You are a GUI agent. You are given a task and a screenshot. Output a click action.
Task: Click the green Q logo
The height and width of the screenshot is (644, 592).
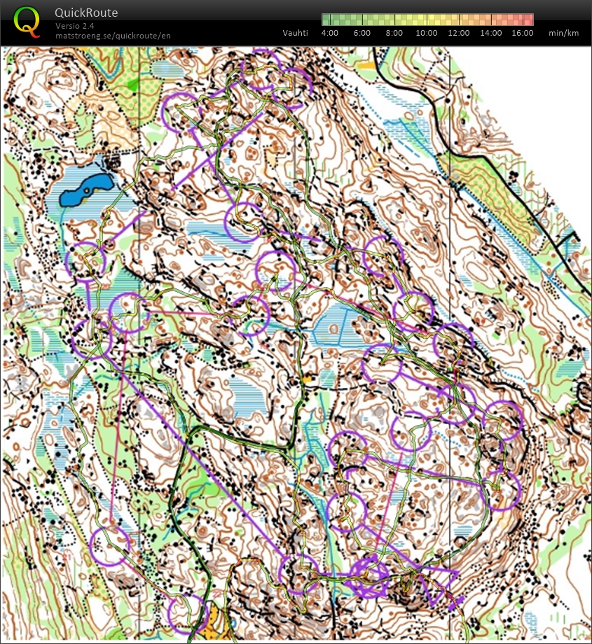(x=27, y=20)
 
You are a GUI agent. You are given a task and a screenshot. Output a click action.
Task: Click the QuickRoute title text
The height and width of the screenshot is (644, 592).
(x=86, y=13)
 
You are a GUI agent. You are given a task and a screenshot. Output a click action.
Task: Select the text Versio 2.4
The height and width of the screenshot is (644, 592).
(x=75, y=26)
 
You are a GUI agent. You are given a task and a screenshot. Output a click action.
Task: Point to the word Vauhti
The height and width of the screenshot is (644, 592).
(x=294, y=33)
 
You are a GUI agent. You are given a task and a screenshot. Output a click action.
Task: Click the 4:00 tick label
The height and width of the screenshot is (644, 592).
(x=330, y=33)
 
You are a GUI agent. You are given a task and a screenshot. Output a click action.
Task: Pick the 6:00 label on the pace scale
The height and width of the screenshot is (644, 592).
(x=362, y=33)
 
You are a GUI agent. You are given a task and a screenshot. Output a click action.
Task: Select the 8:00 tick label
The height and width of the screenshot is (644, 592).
(x=394, y=33)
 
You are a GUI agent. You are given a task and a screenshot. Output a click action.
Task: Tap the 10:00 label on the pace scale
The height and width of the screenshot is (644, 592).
(x=427, y=33)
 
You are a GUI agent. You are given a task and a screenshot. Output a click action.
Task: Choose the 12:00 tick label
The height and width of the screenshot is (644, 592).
(x=459, y=33)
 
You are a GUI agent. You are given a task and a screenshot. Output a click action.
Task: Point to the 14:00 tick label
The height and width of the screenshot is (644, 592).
(x=491, y=33)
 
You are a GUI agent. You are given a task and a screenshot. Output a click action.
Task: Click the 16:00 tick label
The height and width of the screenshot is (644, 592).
(x=522, y=33)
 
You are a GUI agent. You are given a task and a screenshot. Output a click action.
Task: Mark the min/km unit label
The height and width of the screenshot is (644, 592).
(x=563, y=33)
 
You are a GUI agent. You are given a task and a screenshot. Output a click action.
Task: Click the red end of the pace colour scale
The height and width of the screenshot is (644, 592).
(x=528, y=19)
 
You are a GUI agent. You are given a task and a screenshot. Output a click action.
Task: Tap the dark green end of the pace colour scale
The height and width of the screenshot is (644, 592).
(x=326, y=19)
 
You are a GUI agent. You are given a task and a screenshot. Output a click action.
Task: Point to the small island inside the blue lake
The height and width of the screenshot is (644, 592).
(x=85, y=188)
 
